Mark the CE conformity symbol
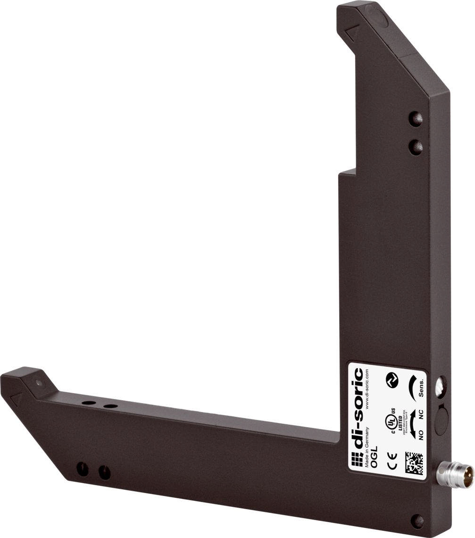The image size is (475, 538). tap(392, 460)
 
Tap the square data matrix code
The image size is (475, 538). tap(414, 462)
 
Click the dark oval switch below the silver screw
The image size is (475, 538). tap(442, 420)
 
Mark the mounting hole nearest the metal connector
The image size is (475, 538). tap(417, 521)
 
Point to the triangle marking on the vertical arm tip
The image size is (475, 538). tap(352, 33)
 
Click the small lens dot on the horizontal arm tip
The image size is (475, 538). tap(39, 383)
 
